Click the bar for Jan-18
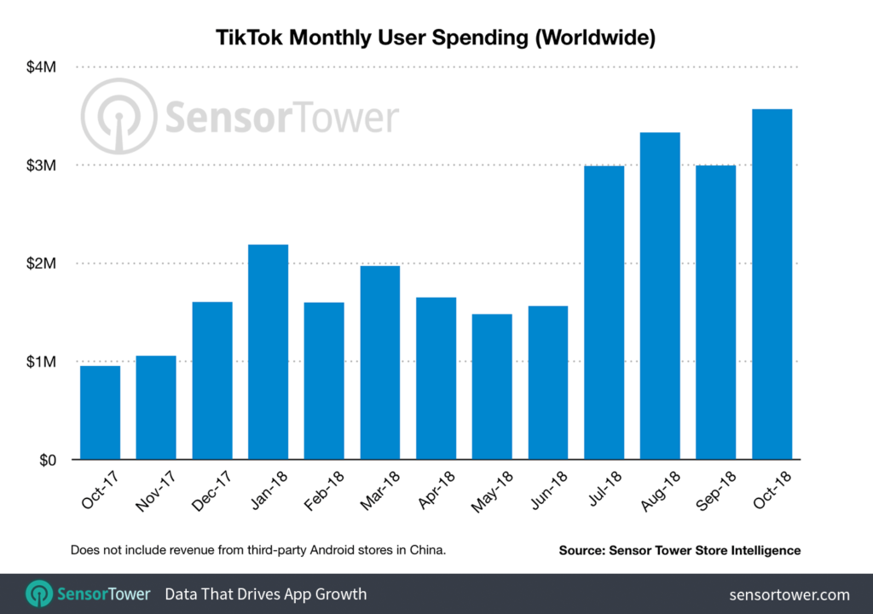coord(269,351)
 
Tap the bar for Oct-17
coord(100,412)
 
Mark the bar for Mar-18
coord(379,362)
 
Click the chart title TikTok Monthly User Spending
coord(436,38)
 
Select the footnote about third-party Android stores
coord(258,551)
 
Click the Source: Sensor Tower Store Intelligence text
coord(679,551)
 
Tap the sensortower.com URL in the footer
coord(789,594)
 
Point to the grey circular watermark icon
coord(119,117)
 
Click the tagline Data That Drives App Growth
coord(265,594)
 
